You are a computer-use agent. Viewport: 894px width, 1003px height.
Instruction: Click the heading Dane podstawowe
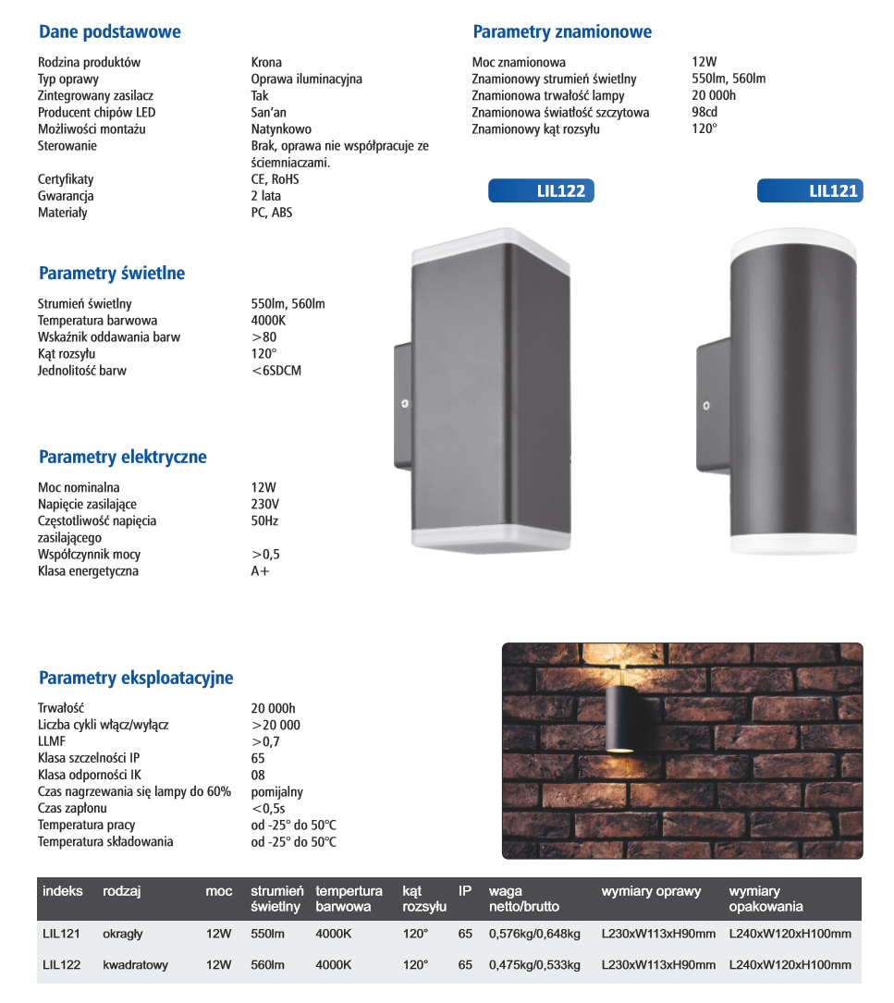coord(109,32)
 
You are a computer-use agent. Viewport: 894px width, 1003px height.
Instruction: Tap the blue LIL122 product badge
coord(542,191)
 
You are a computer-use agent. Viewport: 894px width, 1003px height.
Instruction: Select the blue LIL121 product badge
coord(810,191)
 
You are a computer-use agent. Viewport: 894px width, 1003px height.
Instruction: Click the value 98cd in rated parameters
coord(705,113)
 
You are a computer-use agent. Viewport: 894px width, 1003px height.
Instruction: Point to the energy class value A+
coord(261,571)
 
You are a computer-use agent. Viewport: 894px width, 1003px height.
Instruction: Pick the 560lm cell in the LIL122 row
coord(267,965)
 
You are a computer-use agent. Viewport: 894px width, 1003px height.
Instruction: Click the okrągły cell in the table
coord(123,934)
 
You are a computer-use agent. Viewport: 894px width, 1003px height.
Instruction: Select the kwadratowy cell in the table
coord(135,965)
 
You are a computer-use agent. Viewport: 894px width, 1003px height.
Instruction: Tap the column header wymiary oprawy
coord(651,891)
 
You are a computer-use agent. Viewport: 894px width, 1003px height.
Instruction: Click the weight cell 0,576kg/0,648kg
coord(534,934)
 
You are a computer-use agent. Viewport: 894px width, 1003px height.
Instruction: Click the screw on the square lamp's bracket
coord(404,404)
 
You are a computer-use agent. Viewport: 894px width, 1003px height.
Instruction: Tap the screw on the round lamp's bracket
coord(705,405)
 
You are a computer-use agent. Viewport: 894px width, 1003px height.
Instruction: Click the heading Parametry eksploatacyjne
coord(136,679)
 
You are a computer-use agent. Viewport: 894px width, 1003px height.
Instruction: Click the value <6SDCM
coord(276,371)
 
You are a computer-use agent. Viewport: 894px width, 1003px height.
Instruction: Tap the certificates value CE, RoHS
coord(276,179)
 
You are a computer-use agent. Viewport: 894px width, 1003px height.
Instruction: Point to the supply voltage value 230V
coord(264,504)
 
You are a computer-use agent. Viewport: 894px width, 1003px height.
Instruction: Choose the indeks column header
coord(63,891)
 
